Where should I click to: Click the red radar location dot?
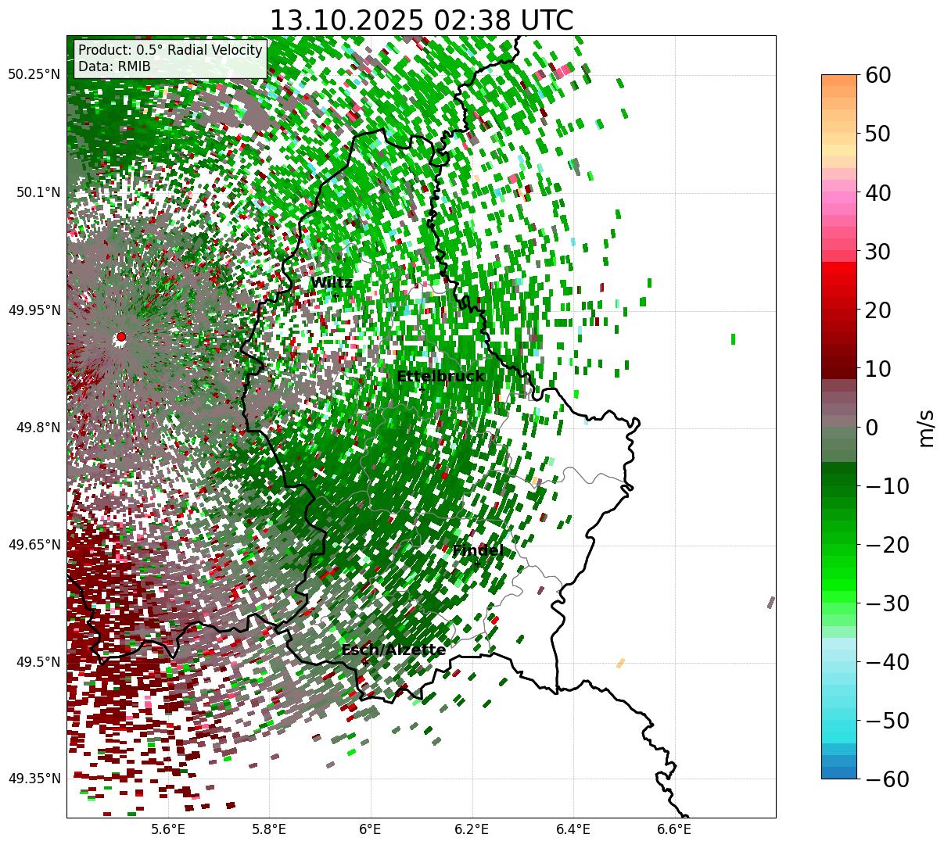click(120, 337)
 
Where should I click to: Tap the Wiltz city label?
click(332, 283)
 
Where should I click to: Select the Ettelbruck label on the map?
click(440, 377)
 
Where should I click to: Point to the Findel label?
click(477, 551)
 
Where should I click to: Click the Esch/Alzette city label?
click(393, 650)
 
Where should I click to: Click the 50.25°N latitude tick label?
click(34, 75)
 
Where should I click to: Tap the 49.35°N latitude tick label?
click(34, 779)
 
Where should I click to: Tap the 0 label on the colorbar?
click(871, 428)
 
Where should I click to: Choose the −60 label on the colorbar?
click(888, 779)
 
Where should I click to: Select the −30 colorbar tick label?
click(888, 603)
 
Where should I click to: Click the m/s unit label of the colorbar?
click(926, 427)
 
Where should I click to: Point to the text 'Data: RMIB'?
click(114, 66)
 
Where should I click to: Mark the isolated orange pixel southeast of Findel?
click(621, 663)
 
